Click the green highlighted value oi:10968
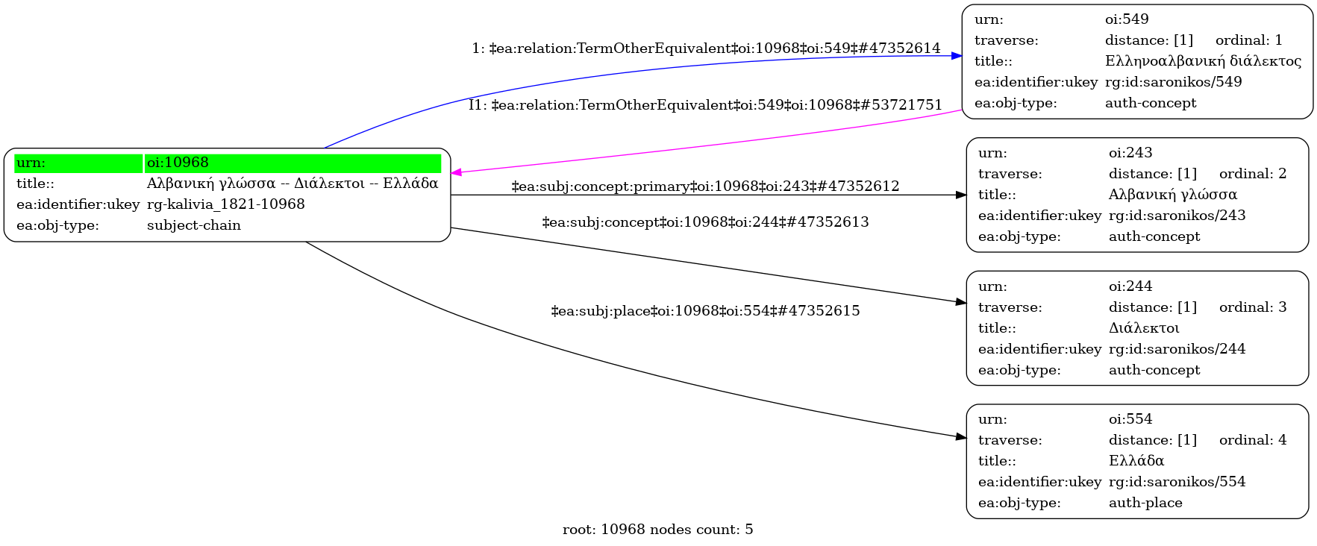pyautogui.click(x=178, y=163)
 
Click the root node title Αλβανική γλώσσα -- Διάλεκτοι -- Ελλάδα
pyautogui.click(x=292, y=183)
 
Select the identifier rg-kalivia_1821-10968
pyautogui.click(x=225, y=204)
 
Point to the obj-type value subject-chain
pyautogui.click(x=193, y=225)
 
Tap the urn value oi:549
pyautogui.click(x=1126, y=19)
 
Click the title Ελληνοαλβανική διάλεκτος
pyautogui.click(x=1202, y=61)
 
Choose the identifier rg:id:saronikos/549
pyautogui.click(x=1173, y=82)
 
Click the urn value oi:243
pyautogui.click(x=1130, y=153)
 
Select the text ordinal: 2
pyautogui.click(x=1252, y=174)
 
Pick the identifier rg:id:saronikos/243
pyautogui.click(x=1177, y=216)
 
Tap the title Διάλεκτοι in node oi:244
pyautogui.click(x=1143, y=328)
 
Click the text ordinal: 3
pyautogui.click(x=1252, y=307)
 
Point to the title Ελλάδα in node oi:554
pyautogui.click(x=1136, y=461)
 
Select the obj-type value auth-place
pyautogui.click(x=1145, y=503)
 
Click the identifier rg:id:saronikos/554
pyautogui.click(x=1177, y=482)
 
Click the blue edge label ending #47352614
pyautogui.click(x=706, y=48)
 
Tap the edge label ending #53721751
pyautogui.click(x=705, y=105)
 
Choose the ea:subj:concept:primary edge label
pyautogui.click(x=705, y=186)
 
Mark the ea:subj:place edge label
pyautogui.click(x=705, y=311)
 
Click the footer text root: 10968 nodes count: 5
pyautogui.click(x=657, y=530)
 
